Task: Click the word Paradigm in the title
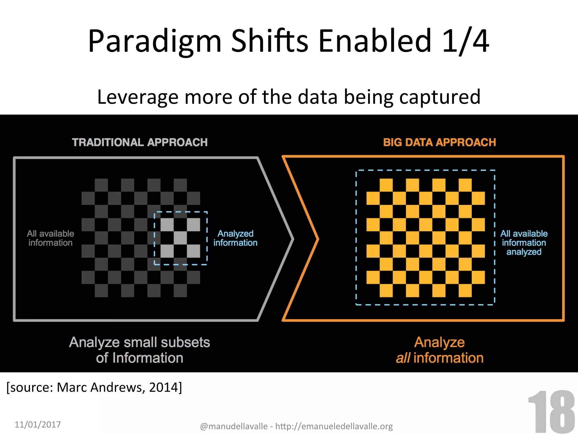pos(154,42)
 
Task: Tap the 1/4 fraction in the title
pos(465,42)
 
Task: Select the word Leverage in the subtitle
pos(137,97)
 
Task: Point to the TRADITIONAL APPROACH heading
pos(140,142)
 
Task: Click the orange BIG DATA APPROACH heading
pos(439,142)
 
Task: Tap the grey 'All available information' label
pos(51,238)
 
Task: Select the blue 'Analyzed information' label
pos(235,238)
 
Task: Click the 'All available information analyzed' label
pos(524,242)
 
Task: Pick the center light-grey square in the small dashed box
pos(180,238)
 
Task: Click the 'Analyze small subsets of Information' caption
pos(140,350)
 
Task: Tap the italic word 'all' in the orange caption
pos(403,358)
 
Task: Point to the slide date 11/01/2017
pos(38,424)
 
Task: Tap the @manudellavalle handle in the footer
pos(234,426)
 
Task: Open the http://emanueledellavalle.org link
pos(334,426)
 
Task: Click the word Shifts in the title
pos(270,42)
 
